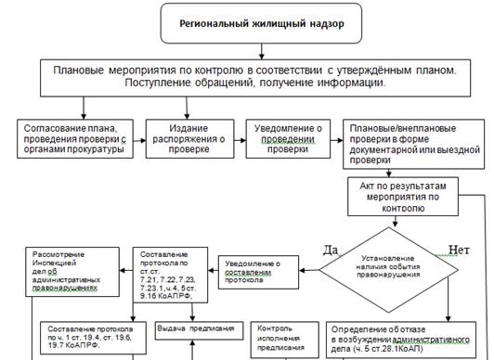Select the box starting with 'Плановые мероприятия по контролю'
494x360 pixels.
click(246, 76)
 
